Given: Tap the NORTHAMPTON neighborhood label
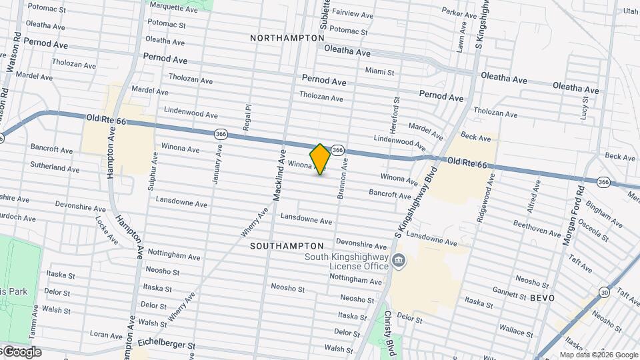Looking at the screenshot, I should click(x=287, y=38).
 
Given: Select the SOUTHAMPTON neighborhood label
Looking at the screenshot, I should click(x=287, y=246).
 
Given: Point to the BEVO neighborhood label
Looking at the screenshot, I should click(x=542, y=298).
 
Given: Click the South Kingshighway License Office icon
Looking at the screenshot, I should click(x=398, y=259).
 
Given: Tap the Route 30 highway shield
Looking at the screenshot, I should click(x=604, y=291).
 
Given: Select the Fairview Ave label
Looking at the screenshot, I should click(x=353, y=14).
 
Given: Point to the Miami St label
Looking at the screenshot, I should click(x=380, y=71).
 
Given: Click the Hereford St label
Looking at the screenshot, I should click(x=395, y=111).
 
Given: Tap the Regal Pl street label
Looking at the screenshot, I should click(x=248, y=116).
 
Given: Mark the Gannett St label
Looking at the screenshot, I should click(x=509, y=291).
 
